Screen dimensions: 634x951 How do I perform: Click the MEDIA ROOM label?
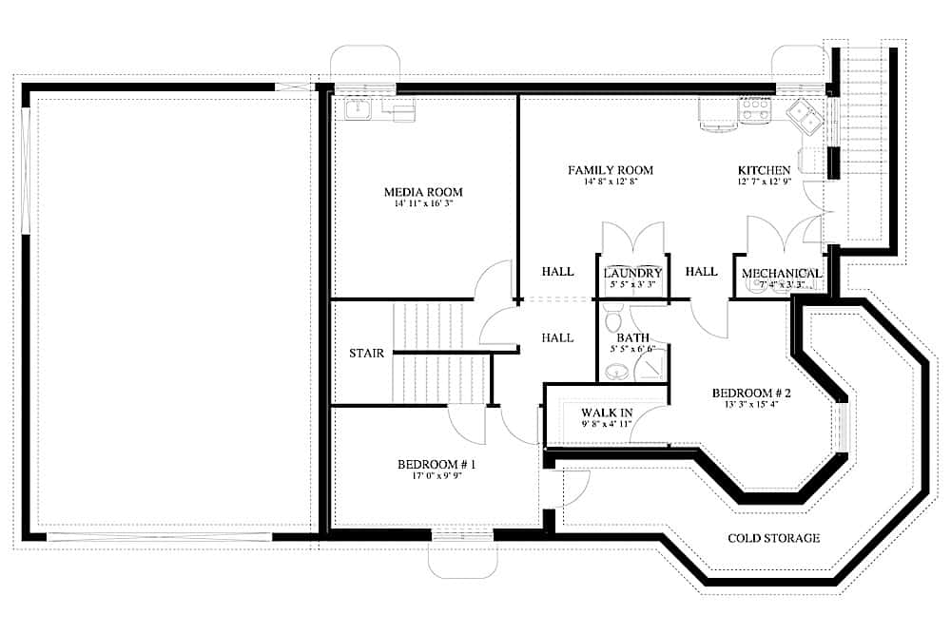click(423, 192)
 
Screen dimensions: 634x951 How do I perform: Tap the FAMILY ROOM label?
click(611, 170)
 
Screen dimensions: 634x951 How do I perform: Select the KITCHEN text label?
click(764, 170)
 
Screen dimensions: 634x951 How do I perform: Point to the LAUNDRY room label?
click(632, 273)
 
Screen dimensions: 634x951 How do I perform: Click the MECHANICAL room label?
click(781, 273)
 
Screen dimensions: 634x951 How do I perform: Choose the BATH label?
click(632, 337)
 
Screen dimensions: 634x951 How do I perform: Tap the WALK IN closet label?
click(607, 413)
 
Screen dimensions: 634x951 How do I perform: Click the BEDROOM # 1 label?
click(436, 465)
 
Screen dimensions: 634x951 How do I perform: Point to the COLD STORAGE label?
click(773, 538)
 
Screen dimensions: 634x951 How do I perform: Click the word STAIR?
click(366, 354)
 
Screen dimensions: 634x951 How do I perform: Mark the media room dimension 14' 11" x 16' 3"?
click(423, 204)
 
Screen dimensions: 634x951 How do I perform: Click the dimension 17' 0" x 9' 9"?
click(436, 476)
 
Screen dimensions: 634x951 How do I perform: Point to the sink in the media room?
click(359, 110)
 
